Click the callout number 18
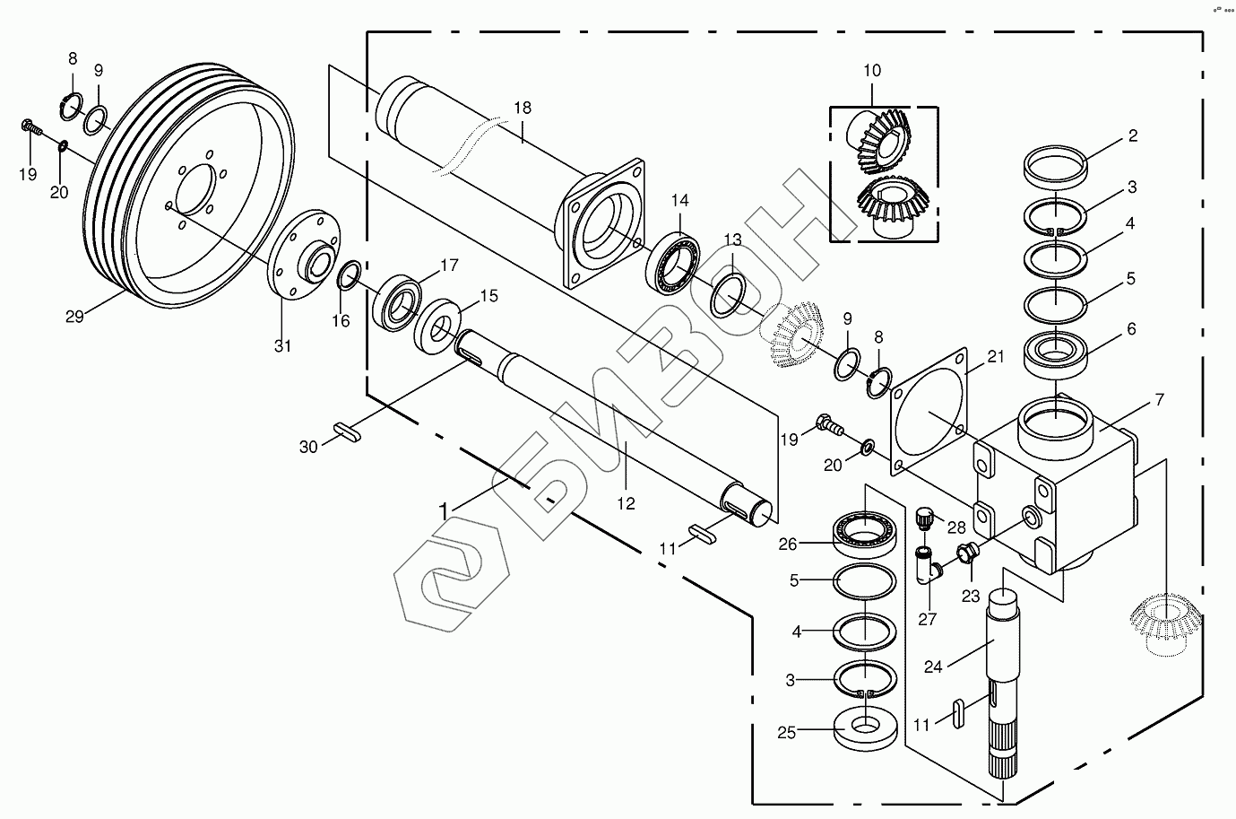coord(523,108)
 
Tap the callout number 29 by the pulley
coord(74,317)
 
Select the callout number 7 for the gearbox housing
coord(1159,399)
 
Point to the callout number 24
coord(933,667)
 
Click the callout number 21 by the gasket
coord(996,357)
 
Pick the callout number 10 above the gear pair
coord(872,71)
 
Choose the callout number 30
coord(308,446)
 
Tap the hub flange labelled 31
coord(301,257)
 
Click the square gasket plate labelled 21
coord(929,413)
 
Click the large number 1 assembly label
coord(443,510)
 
